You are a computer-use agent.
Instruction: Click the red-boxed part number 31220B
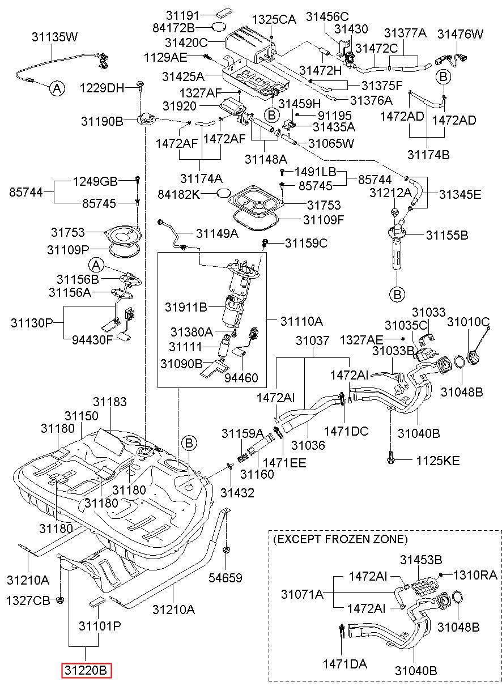(86, 671)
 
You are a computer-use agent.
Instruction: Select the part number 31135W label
(55, 37)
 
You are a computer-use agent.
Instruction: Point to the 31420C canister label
(186, 42)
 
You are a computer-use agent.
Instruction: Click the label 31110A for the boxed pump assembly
(301, 321)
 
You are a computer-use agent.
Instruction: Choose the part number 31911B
(186, 307)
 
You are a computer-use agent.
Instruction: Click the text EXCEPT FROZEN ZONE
(341, 548)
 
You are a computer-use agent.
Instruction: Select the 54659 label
(226, 578)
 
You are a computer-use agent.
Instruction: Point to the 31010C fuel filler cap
(474, 357)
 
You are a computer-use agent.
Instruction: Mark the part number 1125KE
(438, 461)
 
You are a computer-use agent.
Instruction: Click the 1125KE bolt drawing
(391, 459)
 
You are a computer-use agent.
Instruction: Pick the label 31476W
(460, 34)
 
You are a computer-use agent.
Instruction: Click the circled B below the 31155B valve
(397, 295)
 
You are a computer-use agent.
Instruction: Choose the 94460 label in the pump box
(241, 378)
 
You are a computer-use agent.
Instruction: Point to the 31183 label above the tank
(110, 402)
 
